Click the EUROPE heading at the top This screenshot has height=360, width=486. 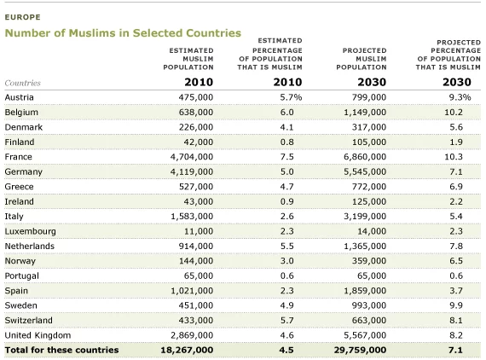[23, 17]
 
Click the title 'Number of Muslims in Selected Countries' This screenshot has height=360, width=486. [123, 33]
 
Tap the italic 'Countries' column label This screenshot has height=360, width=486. [23, 83]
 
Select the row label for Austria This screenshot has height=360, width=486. [20, 97]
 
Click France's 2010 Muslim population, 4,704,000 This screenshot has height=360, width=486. [192, 157]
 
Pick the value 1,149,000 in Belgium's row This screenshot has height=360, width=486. [365, 113]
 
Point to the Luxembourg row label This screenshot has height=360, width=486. [31, 232]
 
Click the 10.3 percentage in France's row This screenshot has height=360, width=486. [454, 157]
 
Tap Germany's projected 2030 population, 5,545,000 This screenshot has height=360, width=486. [365, 171]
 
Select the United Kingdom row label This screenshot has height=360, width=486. [38, 335]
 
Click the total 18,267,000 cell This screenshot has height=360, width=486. [187, 350]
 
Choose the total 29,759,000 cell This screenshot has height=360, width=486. [360, 350]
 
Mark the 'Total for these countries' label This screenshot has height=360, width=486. [61, 350]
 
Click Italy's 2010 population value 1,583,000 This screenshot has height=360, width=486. [192, 217]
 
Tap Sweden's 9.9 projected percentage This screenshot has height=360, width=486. [456, 305]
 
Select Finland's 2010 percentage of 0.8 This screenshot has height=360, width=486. [286, 142]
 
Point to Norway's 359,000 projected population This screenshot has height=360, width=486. [369, 261]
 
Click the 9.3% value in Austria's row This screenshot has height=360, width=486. [460, 97]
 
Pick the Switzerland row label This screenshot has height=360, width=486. [28, 320]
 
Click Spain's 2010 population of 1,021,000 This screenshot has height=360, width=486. [192, 291]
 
